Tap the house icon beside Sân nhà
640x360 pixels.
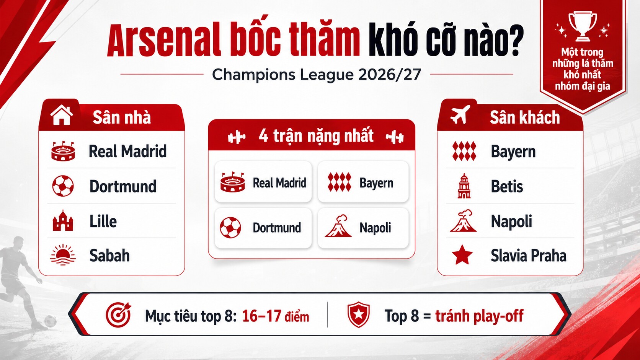coord(61,115)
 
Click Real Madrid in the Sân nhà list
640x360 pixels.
coord(127,151)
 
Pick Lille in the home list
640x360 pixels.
coord(103,221)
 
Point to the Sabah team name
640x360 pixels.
coord(109,255)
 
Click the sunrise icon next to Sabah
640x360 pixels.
coord(63,255)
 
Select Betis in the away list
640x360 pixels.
coord(507,186)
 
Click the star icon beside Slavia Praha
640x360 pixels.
coord(462,255)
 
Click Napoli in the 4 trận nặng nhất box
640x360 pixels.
coord(375,228)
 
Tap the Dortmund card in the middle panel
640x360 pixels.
coord(263,228)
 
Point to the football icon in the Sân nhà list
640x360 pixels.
coord(63,186)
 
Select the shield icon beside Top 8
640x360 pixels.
coord(358,314)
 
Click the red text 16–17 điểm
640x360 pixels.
coord(276,316)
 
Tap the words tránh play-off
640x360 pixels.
coord(479,316)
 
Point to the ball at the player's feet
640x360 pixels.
coord(50,321)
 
